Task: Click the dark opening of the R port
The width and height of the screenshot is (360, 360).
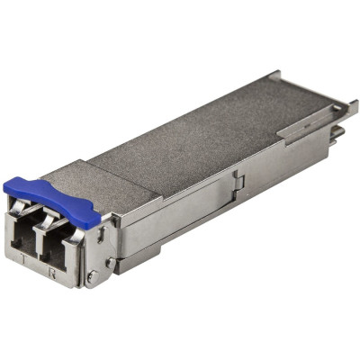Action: [60, 246]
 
